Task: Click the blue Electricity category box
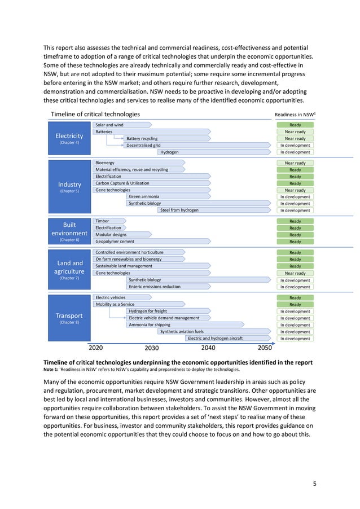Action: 69,138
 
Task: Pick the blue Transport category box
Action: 69,318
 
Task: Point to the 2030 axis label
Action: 152,348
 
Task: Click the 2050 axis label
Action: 265,348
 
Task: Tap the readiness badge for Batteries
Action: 295,131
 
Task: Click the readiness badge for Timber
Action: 295,221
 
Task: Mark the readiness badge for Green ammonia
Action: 295,197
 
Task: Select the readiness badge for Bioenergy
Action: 295,163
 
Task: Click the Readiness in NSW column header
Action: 295,114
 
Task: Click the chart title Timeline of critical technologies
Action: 95,114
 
